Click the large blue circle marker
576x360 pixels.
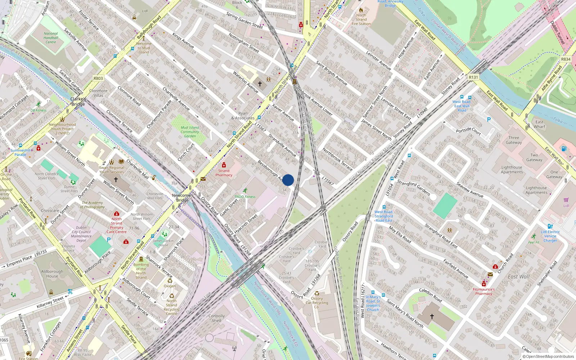(288, 180)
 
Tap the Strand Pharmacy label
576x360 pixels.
(224, 173)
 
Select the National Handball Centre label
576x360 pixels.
(51, 38)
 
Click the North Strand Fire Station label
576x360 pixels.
(361, 19)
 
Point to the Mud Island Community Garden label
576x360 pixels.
(190, 132)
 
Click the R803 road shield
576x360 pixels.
(98, 78)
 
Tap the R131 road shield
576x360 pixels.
(473, 77)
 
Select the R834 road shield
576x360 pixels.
(566, 59)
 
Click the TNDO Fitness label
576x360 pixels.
(245, 197)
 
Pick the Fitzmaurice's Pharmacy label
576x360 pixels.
(483, 291)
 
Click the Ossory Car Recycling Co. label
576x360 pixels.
(317, 303)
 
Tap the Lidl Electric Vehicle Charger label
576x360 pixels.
(550, 236)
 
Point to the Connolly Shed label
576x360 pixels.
(216, 318)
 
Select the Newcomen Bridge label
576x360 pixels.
(183, 198)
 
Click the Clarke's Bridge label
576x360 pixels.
(78, 102)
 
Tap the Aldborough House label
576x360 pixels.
(52, 274)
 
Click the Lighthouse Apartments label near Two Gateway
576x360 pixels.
(512, 170)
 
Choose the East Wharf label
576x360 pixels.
(539, 124)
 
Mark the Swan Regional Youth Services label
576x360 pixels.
(112, 170)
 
